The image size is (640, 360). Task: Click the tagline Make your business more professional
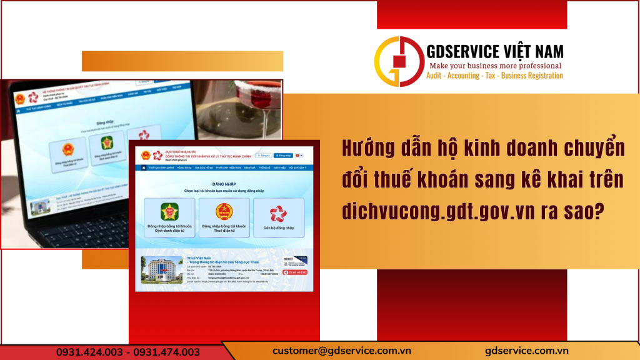click(x=494, y=66)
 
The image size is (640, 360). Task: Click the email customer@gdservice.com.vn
click(x=336, y=351)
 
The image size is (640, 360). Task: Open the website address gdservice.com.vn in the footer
click(x=526, y=351)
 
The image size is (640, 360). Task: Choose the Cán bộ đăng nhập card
click(x=279, y=217)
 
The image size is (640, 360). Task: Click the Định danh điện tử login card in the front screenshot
click(x=169, y=217)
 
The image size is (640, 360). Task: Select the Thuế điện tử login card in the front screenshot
click(x=224, y=217)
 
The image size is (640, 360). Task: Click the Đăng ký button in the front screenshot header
click(x=263, y=155)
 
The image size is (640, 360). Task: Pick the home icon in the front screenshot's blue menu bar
click(x=144, y=167)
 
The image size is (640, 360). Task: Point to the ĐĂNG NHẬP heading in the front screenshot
click(x=224, y=184)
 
